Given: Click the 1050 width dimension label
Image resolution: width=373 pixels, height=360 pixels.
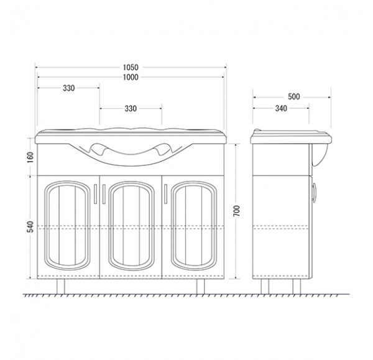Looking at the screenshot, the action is click(131, 68).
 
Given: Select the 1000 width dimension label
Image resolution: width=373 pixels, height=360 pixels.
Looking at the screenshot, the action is click(131, 77).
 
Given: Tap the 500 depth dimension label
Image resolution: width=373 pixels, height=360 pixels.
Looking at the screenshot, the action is click(294, 97).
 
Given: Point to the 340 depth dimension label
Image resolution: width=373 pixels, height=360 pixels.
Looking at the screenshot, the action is click(281, 109).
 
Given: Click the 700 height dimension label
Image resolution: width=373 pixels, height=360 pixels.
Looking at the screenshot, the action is click(237, 211).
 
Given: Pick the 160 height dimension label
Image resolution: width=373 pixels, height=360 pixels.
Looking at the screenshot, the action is click(30, 157).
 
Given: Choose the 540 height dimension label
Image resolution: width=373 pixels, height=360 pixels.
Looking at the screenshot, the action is click(30, 227).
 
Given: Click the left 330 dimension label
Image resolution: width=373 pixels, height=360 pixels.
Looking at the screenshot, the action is click(69, 88).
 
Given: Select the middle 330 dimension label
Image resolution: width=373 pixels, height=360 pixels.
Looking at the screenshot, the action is click(131, 109).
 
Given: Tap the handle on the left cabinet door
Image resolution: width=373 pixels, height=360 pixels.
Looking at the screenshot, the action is click(95, 194).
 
